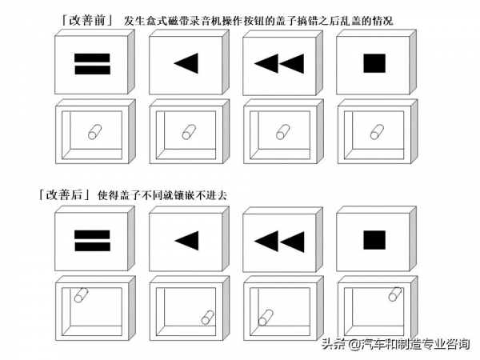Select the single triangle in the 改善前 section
coord(186,64)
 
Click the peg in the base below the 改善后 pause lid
coord(80,295)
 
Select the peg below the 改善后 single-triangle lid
coord(208,318)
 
